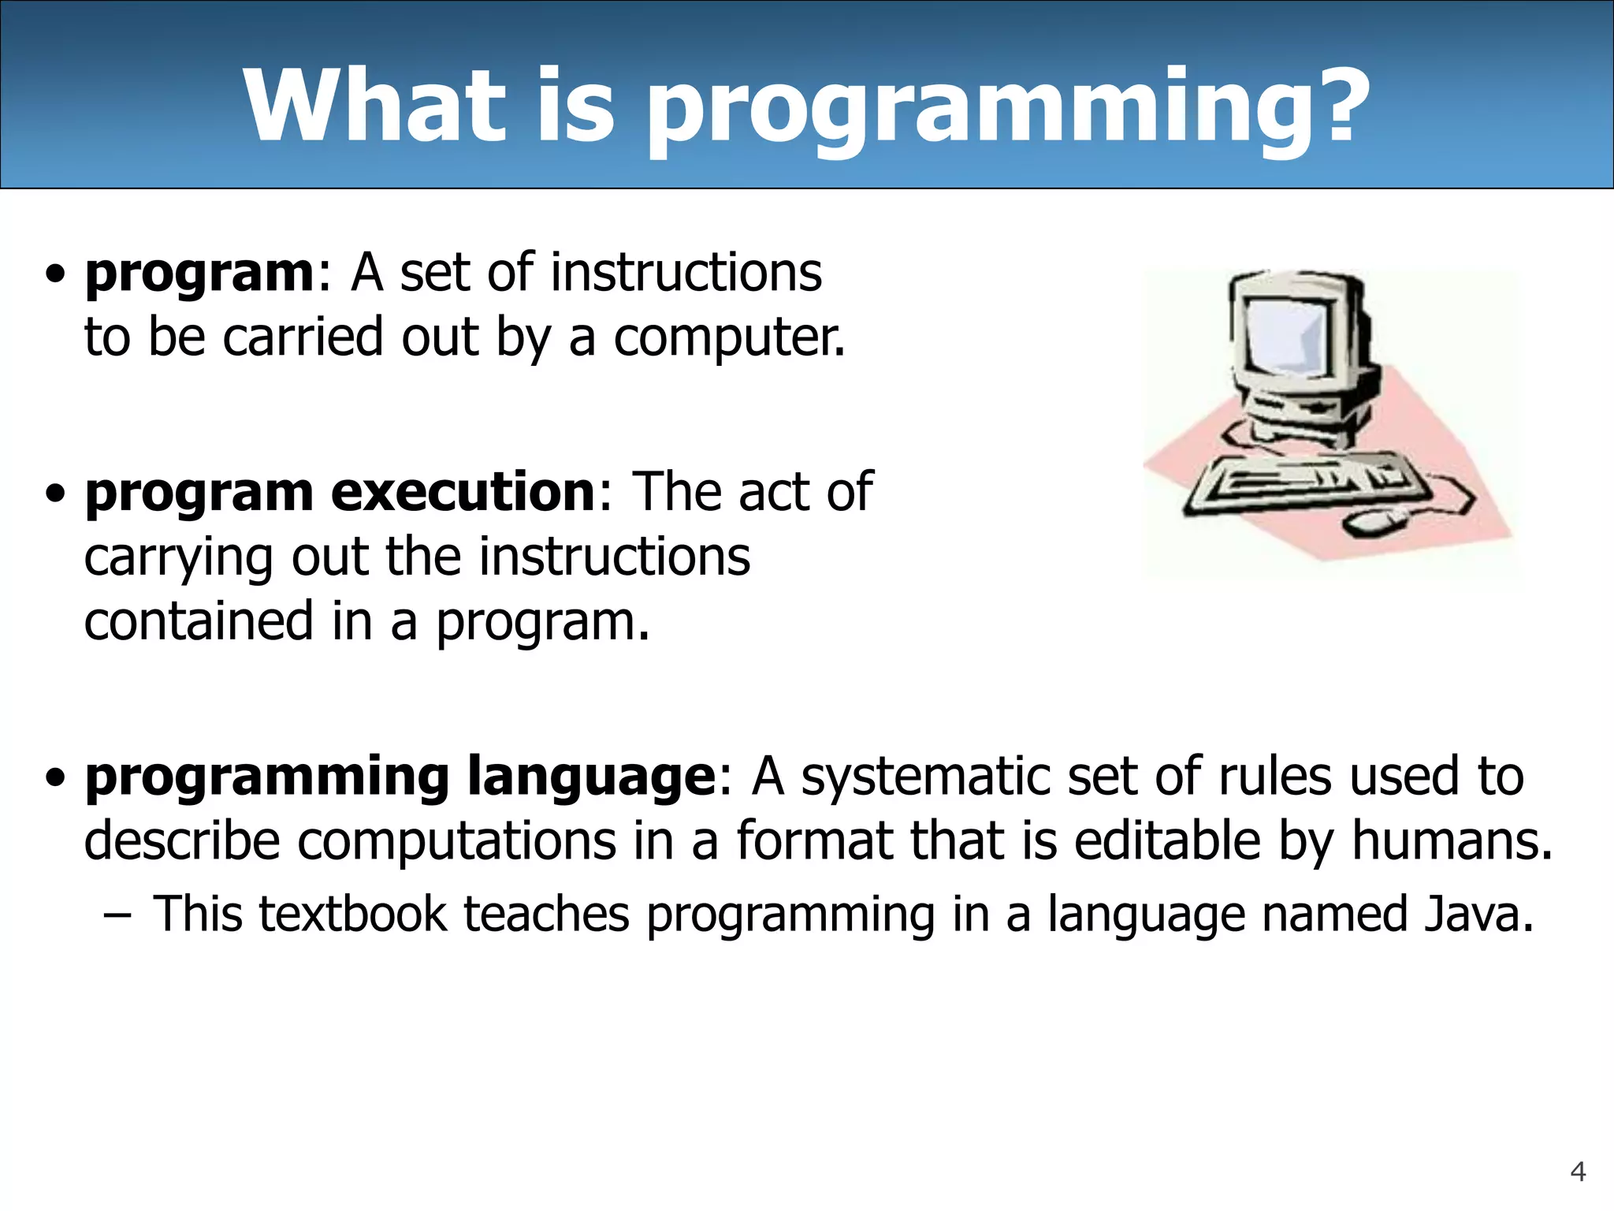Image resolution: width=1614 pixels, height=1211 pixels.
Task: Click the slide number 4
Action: coord(1578,1172)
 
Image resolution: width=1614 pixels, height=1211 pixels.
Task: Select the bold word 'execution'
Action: coord(463,493)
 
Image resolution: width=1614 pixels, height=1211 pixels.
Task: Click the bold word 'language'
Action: coord(591,777)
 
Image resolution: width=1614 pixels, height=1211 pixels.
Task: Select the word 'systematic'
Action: coord(926,777)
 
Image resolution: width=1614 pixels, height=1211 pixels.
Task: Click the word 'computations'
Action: coord(456,842)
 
